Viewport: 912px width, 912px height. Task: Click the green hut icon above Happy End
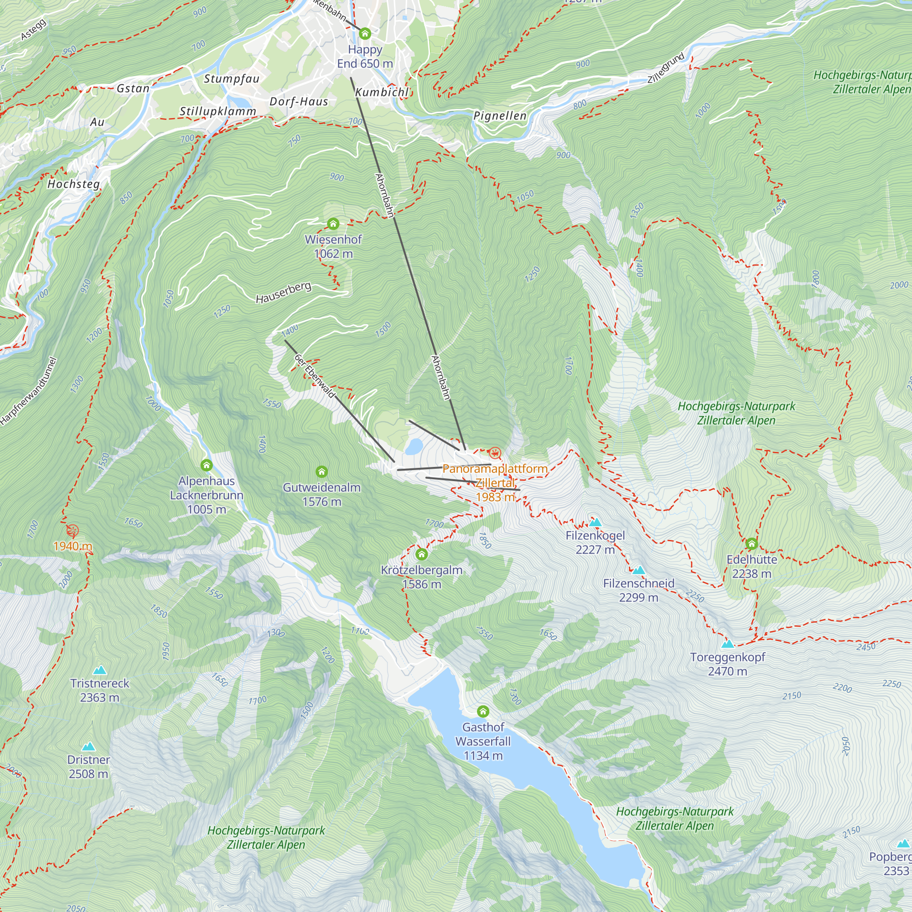tap(364, 33)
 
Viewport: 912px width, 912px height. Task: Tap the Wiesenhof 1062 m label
tap(333, 246)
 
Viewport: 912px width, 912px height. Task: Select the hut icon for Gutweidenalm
tap(321, 472)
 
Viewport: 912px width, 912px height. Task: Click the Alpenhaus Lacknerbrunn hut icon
tap(206, 466)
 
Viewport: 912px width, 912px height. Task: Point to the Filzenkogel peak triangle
tap(595, 522)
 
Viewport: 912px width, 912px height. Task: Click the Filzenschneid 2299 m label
tap(638, 590)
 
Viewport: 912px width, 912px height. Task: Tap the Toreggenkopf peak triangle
tap(727, 643)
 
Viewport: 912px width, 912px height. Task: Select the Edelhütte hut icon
tap(751, 544)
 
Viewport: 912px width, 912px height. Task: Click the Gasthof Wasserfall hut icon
tap(482, 711)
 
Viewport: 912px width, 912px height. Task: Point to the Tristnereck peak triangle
tap(99, 670)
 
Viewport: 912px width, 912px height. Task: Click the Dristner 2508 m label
tap(88, 767)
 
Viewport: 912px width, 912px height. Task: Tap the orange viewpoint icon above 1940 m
tap(72, 531)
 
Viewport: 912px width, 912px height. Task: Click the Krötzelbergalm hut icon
tap(421, 554)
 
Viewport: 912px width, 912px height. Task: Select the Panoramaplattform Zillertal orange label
tap(495, 482)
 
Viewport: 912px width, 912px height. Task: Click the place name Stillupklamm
tap(218, 111)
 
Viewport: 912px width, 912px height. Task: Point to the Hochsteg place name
tap(73, 184)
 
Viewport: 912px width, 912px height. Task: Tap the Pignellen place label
tap(499, 116)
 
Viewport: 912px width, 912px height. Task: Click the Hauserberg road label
tap(283, 293)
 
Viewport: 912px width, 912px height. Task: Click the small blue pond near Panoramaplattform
tap(414, 446)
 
